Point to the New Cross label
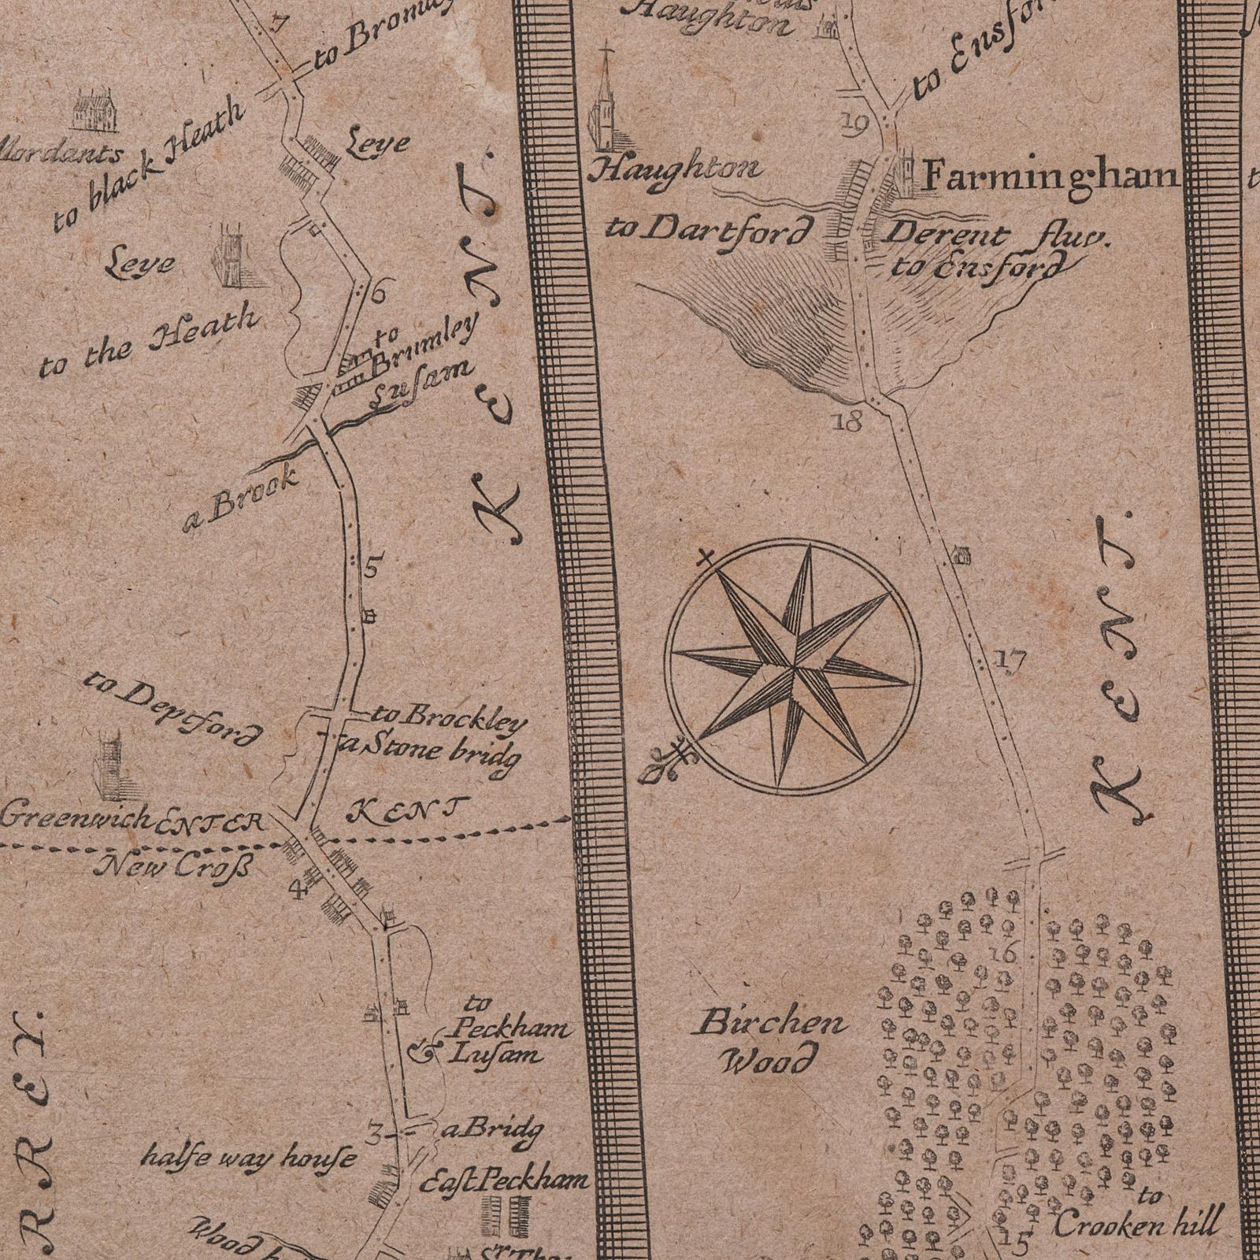[x=174, y=868]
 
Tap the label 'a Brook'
[x=239, y=498]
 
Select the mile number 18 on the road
[x=847, y=422]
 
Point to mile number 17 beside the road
[x=1010, y=660]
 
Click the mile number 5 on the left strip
[x=372, y=565]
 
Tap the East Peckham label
[x=504, y=1180]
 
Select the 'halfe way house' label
[x=248, y=1158]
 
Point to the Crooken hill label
[x=1137, y=1225]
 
